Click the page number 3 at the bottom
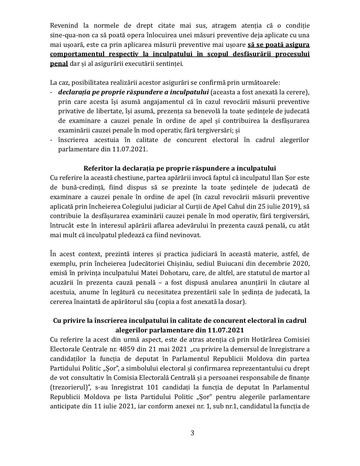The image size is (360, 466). [x=193, y=433]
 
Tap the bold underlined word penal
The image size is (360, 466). [x=59, y=64]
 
